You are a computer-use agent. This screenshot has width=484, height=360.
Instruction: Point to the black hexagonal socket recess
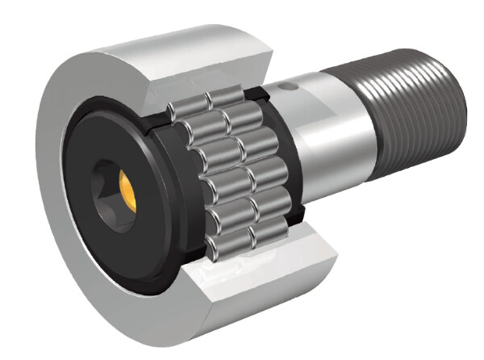pos(109,186)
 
